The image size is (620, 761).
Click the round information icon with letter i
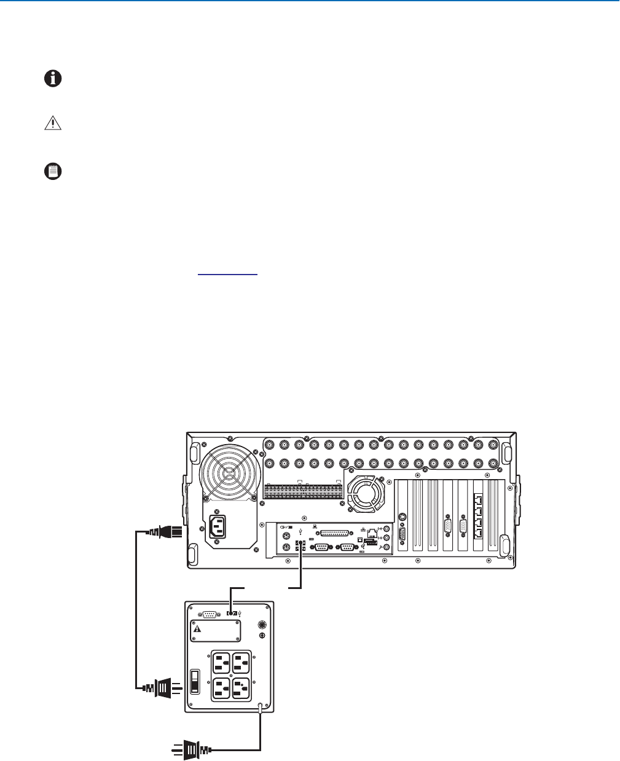pyautogui.click(x=53, y=79)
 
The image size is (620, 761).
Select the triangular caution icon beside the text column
pyautogui.click(x=53, y=123)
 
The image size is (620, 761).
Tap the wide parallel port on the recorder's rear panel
pyautogui.click(x=333, y=532)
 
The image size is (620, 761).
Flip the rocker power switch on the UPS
pyautogui.click(x=195, y=681)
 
